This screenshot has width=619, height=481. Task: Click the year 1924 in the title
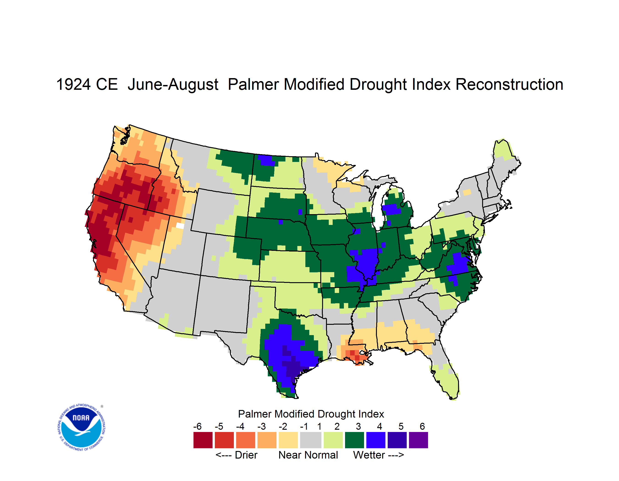[x=73, y=84]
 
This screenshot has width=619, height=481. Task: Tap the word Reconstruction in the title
[x=509, y=84]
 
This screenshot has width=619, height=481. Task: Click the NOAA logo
[x=82, y=427]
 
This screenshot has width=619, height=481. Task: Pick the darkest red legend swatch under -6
[x=203, y=440]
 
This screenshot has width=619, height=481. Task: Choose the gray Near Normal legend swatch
[x=311, y=440]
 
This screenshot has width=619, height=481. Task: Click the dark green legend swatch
[x=354, y=440]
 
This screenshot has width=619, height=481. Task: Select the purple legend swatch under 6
[x=418, y=440]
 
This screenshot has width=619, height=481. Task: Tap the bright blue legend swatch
[x=376, y=440]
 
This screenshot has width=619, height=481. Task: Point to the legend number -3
[x=262, y=426]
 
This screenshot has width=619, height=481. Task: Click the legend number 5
[x=401, y=426]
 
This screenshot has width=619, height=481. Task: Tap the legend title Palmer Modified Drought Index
[x=311, y=414]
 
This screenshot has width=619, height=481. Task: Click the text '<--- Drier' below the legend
[x=236, y=455]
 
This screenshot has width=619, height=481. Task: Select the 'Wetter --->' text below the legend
[x=378, y=455]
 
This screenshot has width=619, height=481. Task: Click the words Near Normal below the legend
[x=308, y=455]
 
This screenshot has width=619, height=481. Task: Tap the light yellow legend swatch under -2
[x=288, y=440]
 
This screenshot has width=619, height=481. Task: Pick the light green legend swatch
[x=333, y=440]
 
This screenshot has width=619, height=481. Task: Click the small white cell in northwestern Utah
[x=180, y=226]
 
